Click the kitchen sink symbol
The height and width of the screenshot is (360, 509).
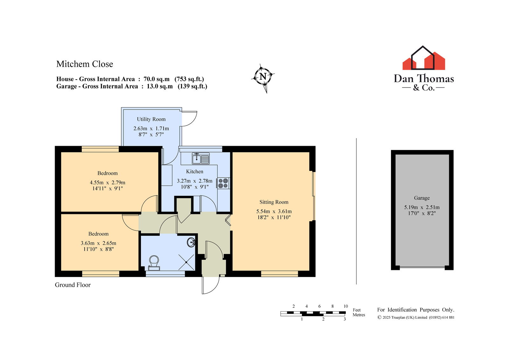tap(201, 158)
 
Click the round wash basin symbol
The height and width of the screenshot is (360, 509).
tap(191, 243)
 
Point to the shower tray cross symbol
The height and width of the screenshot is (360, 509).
tap(186, 262)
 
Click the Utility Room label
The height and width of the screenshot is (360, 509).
tap(151, 119)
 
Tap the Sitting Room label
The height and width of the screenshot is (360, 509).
tap(274, 202)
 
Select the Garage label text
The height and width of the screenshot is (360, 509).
tap(422, 198)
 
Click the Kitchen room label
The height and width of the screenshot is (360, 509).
tap(194, 172)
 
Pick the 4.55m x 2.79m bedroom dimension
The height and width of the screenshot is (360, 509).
tap(108, 182)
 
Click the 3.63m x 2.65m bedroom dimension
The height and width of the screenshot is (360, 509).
tap(98, 243)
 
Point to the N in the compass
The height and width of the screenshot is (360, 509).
tap(263, 76)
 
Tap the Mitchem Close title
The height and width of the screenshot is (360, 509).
tap(85, 64)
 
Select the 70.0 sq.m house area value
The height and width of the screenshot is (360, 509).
tap(157, 79)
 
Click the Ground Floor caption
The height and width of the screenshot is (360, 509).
tap(73, 285)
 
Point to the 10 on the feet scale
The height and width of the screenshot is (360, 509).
tap(345, 306)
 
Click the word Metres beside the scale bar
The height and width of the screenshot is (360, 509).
tap(359, 315)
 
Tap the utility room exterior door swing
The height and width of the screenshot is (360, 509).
tap(190, 118)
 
